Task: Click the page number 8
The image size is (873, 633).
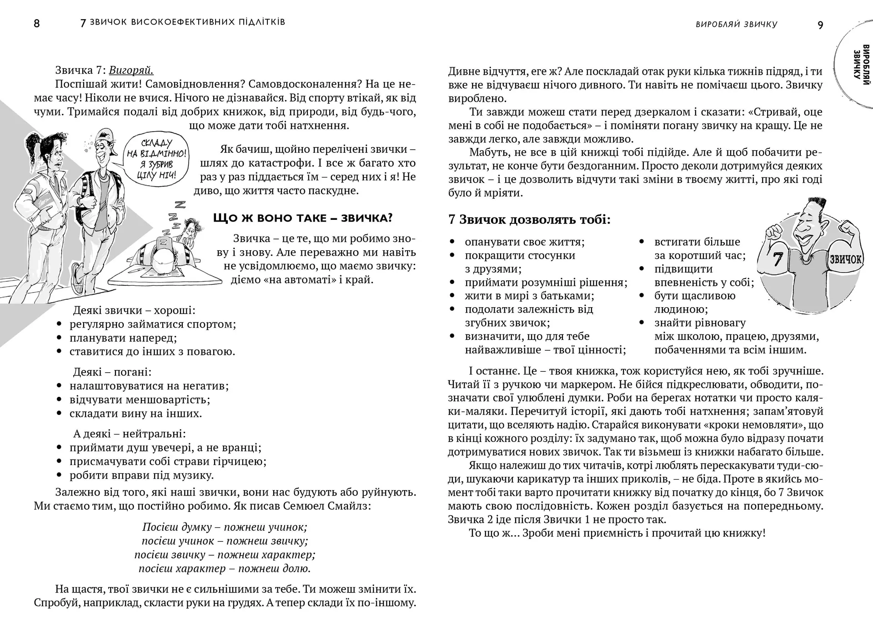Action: [x=37, y=24]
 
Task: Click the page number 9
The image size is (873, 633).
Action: [x=820, y=25]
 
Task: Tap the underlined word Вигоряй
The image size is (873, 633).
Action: [x=131, y=70]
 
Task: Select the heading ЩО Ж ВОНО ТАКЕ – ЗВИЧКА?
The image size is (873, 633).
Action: [x=302, y=218]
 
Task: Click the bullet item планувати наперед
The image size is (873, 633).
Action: [x=123, y=338]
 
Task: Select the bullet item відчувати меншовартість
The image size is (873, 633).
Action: [x=140, y=400]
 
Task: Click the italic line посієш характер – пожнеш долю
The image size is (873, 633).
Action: [x=225, y=568]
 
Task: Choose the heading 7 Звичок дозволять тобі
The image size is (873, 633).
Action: [x=529, y=220]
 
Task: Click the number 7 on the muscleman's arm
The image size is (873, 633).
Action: [x=777, y=259]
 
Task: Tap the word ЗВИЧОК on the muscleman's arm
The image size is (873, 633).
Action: [x=845, y=259]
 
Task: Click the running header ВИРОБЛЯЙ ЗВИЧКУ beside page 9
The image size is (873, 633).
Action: [x=736, y=25]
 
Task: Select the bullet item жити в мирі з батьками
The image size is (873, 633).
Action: [x=529, y=296]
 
